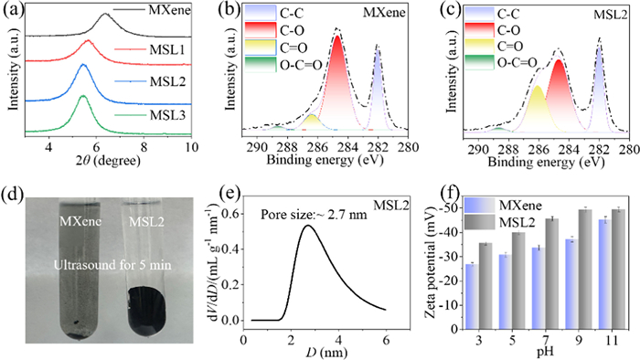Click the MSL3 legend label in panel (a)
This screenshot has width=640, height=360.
167,115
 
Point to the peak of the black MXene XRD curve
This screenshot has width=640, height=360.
105,14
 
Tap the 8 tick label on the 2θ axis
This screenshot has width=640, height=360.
144,147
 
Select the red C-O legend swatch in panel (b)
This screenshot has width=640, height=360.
261,30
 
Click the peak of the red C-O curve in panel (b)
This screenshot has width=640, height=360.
337,36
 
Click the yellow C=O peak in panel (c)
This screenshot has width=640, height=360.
538,86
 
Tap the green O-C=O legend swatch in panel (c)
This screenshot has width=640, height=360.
480,62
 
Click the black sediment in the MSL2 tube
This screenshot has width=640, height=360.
147,310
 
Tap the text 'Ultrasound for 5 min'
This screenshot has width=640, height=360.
112,265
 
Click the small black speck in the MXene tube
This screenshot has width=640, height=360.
76,323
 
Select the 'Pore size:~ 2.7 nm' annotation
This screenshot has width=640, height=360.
314,214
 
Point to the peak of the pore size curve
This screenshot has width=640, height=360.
308,225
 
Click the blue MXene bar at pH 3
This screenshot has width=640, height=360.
473,296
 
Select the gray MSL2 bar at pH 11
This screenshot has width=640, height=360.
618,269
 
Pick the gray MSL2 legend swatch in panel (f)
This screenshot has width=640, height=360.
480,223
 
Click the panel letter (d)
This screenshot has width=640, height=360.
14,195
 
